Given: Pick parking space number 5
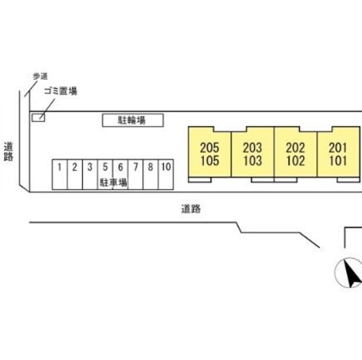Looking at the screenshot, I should pos(105,168).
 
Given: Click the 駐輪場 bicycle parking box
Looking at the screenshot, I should pos(133,120).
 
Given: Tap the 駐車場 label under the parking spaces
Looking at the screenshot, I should pos(113,182).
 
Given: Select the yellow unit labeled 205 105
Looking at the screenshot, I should pos(209,154).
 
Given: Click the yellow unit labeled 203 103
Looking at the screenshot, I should pos(252,154).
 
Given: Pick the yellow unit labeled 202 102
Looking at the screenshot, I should pos(295,154).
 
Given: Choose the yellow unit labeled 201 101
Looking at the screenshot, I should pos(338,154).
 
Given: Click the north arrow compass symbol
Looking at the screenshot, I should pos(348,272).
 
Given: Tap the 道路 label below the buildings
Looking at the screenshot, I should pos(191,209).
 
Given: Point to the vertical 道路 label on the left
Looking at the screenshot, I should pos(8,151).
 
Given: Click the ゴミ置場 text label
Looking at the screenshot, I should pos(61,91).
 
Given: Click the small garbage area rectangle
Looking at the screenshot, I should pos(37,117).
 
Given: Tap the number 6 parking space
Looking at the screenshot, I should pos(120,168).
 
